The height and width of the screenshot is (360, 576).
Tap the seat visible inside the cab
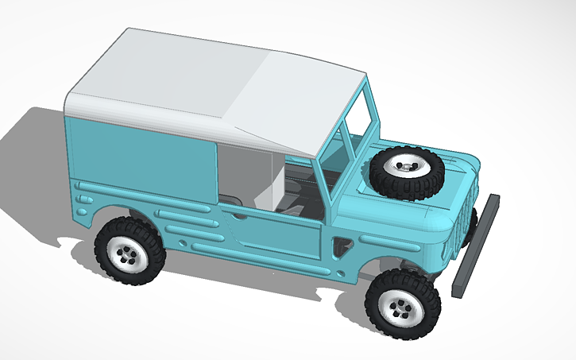(298, 191)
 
